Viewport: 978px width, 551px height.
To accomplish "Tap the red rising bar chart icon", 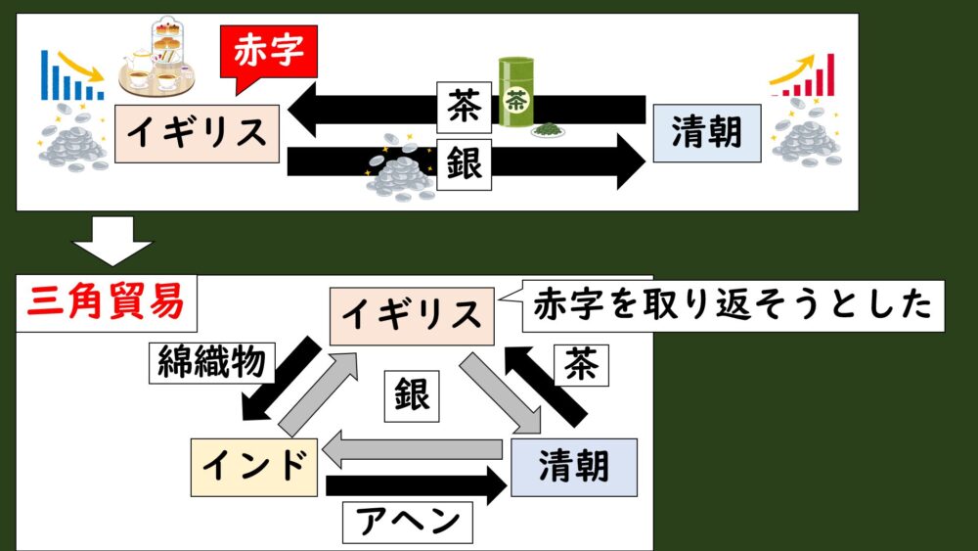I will click(808, 77).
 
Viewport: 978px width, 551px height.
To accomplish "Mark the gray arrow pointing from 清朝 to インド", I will click(416, 450).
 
